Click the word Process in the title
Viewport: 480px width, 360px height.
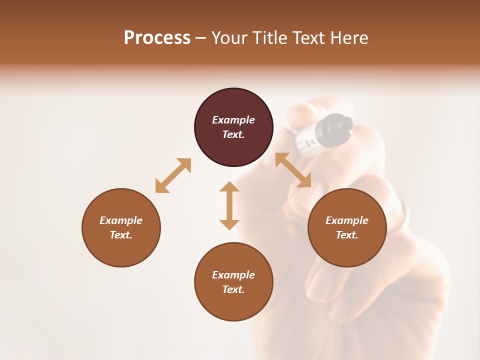[x=157, y=38]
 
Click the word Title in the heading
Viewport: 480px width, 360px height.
[x=270, y=38]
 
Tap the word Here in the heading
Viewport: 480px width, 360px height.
[x=348, y=38]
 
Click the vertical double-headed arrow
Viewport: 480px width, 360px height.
[x=229, y=205]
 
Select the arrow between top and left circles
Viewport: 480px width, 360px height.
[x=173, y=175]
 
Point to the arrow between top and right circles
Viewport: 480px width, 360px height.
[x=293, y=170]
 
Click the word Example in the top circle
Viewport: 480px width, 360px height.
[x=233, y=120]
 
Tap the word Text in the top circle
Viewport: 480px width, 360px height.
[x=233, y=134]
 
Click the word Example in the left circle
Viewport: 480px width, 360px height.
[x=121, y=220]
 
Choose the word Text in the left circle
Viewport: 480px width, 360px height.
[x=121, y=235]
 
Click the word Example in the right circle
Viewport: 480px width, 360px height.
[x=347, y=220]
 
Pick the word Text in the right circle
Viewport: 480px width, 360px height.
[x=347, y=235]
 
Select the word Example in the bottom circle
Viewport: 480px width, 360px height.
[x=233, y=275]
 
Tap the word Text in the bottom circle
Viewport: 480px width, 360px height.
[x=233, y=289]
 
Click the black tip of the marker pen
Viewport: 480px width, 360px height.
[x=340, y=125]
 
